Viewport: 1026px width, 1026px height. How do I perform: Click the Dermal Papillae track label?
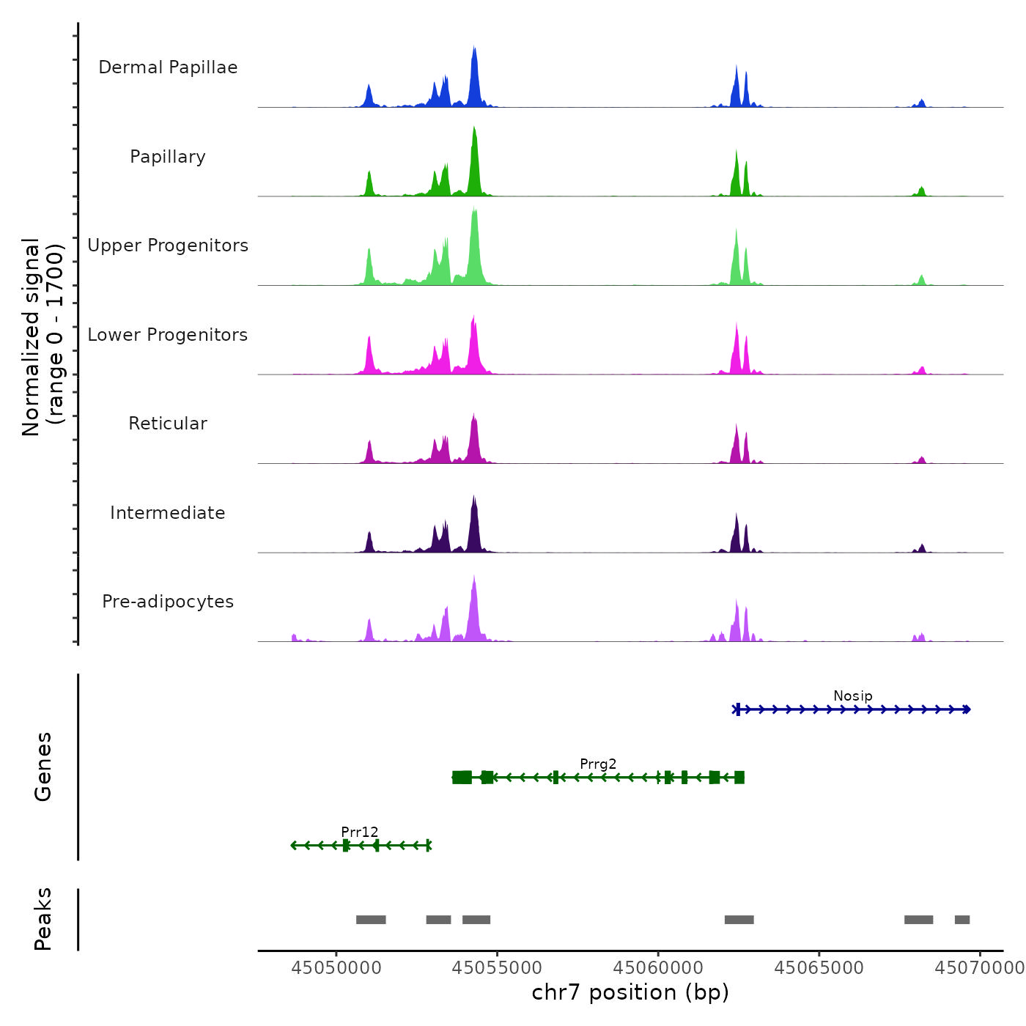tap(168, 67)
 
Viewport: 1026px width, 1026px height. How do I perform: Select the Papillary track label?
tap(168, 157)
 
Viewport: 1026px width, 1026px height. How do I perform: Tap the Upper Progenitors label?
tap(168, 246)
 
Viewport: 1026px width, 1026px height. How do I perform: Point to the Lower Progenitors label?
tap(168, 335)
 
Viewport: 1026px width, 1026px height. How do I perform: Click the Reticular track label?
tap(168, 424)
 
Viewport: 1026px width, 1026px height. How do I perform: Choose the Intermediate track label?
tap(168, 513)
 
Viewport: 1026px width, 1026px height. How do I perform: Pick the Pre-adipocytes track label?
tap(168, 602)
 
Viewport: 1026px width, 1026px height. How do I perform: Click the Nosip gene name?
tap(852, 695)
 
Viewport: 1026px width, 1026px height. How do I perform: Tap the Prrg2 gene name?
tap(598, 764)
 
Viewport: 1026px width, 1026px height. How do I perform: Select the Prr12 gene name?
tap(360, 832)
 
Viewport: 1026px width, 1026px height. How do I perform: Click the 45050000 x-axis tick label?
tap(336, 967)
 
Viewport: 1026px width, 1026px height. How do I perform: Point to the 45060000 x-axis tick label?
tap(658, 967)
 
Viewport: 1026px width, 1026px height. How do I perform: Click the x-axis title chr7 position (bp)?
tap(630, 992)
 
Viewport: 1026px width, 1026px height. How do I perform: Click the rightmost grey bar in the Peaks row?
tap(962, 920)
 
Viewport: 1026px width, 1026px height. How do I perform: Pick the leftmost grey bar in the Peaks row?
tap(371, 920)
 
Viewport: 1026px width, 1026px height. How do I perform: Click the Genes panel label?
tap(43, 767)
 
